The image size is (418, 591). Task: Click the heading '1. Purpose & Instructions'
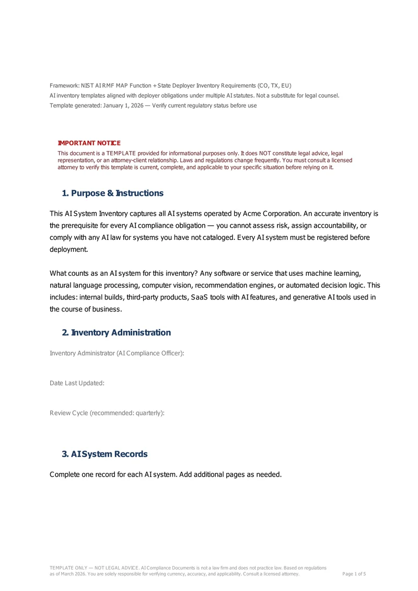pyautogui.click(x=112, y=193)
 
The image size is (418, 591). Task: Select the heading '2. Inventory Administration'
pyautogui.click(x=116, y=332)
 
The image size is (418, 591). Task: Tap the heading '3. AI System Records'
pyautogui.click(x=104, y=454)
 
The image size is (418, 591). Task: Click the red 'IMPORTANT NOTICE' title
pyautogui.click(x=89, y=143)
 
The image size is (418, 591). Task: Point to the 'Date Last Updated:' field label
pyautogui.click(x=77, y=383)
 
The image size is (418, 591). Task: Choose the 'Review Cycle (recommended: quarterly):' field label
pyautogui.click(x=107, y=413)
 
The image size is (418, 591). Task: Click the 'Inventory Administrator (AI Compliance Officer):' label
pyautogui.click(x=117, y=353)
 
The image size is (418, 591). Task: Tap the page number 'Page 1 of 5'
pyautogui.click(x=354, y=574)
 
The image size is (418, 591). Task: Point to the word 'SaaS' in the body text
pyautogui.click(x=201, y=297)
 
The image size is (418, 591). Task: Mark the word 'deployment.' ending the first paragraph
pyautogui.click(x=68, y=249)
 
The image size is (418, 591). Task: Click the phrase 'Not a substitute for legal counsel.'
pyautogui.click(x=296, y=95)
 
